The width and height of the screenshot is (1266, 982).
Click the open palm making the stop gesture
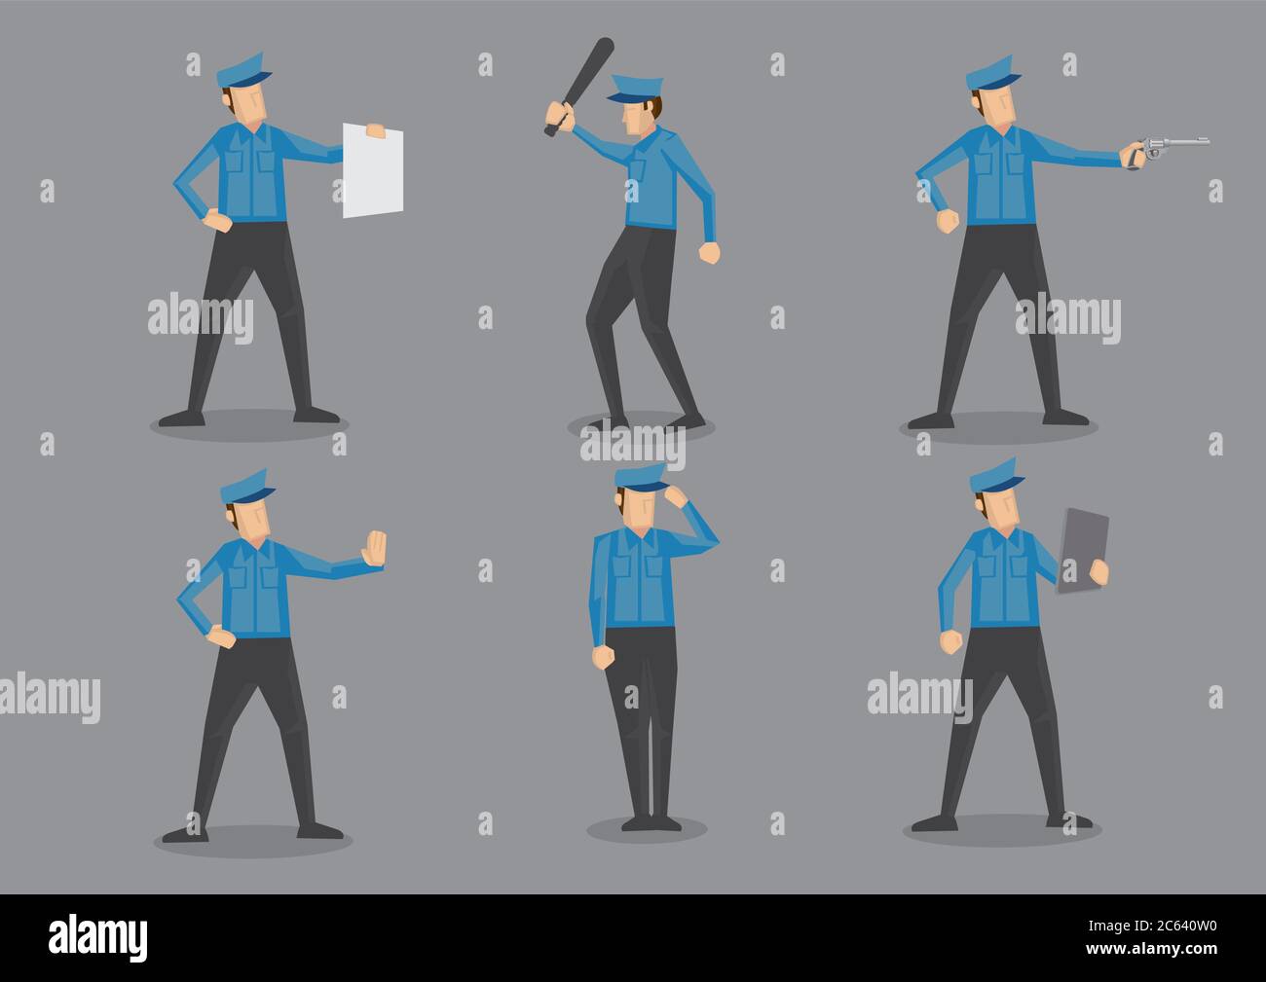point(374,549)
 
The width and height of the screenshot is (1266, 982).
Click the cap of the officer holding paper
point(237,70)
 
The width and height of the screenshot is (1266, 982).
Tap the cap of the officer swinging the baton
point(633,89)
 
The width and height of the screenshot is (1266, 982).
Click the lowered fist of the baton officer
point(710,253)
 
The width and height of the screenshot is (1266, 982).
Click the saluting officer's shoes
point(647,823)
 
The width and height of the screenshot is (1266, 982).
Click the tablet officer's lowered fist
point(950,641)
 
